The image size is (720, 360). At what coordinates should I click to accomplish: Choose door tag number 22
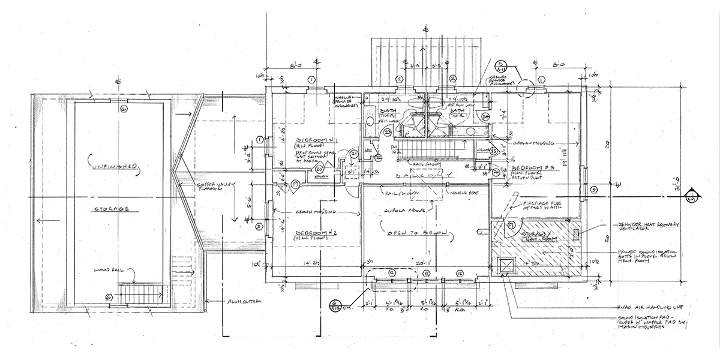(379, 157)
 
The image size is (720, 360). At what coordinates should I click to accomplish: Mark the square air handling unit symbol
(506, 264)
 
